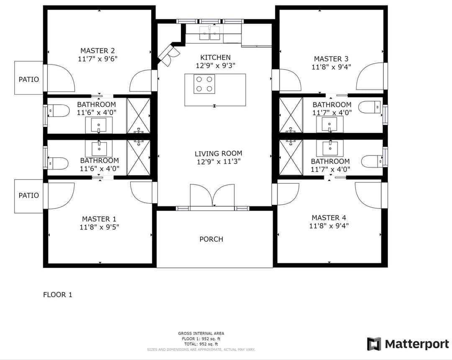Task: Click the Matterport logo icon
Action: click(x=374, y=344)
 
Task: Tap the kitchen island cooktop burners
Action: click(x=204, y=84)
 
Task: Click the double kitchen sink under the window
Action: click(x=211, y=32)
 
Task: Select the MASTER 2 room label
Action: click(x=98, y=51)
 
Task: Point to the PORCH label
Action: click(x=211, y=239)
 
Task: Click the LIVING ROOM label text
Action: click(x=218, y=154)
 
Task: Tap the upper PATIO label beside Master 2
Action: click(x=28, y=79)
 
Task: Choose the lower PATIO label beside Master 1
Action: click(x=28, y=195)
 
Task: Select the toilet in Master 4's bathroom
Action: click(x=372, y=161)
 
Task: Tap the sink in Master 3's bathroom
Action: click(x=330, y=124)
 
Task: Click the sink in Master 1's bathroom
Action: click(x=99, y=149)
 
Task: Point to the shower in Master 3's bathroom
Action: click(x=291, y=115)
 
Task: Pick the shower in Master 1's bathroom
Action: click(x=139, y=157)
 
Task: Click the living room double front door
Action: click(x=212, y=196)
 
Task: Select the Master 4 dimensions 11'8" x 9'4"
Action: click(x=329, y=226)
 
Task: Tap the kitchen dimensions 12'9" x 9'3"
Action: click(x=216, y=65)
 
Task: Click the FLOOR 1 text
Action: click(x=58, y=295)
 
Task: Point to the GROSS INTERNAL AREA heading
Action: click(x=201, y=334)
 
